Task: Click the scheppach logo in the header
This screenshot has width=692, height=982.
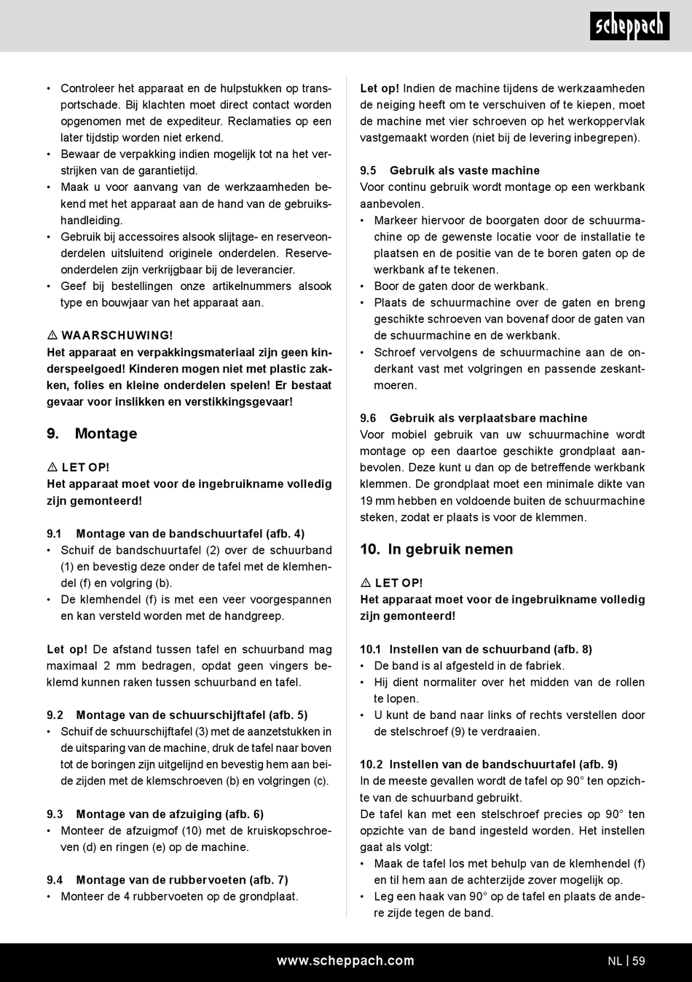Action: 629,26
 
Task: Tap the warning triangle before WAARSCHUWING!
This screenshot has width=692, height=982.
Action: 52,336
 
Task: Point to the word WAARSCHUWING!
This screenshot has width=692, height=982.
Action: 117,336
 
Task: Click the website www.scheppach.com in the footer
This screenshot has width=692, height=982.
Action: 345,961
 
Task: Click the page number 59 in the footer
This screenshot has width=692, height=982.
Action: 639,961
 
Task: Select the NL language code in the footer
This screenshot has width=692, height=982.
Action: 615,961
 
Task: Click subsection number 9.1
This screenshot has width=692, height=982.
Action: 55,534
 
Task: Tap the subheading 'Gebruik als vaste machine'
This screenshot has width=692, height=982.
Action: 465,170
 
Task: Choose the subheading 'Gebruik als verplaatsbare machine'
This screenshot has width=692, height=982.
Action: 488,418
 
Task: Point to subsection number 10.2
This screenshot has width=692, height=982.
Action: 371,764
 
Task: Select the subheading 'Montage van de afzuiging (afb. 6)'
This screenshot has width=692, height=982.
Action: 170,814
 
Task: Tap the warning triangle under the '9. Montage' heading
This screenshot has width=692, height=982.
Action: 52,468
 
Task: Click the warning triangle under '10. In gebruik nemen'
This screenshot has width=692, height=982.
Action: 366,584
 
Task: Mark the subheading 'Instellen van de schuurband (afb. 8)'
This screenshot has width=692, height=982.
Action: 490,649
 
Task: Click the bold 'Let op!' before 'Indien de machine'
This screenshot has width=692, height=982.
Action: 380,88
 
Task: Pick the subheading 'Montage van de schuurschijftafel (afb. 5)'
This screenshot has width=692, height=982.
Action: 192,715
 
